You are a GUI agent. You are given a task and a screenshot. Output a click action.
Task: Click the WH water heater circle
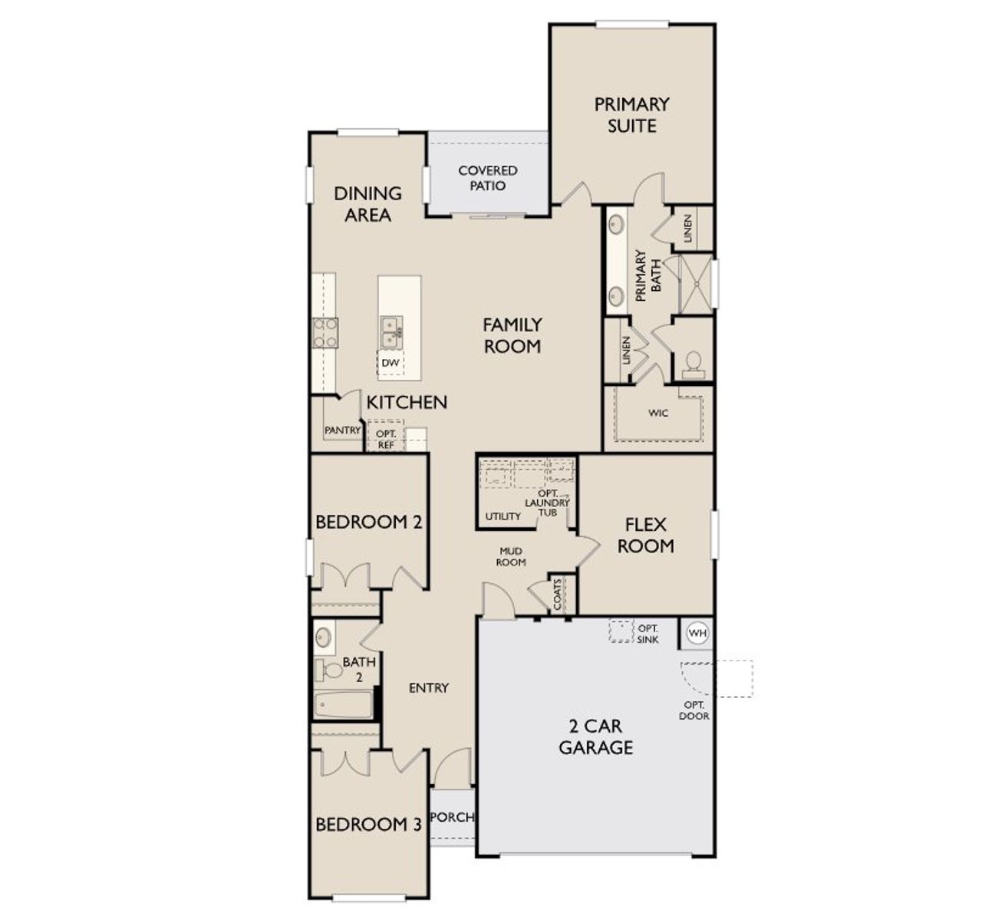coord(697,632)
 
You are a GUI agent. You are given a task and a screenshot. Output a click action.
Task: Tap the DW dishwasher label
coord(390,363)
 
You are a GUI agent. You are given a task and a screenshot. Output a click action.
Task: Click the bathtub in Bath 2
coord(344,705)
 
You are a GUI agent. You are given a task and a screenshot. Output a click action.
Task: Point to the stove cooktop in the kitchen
coord(325,333)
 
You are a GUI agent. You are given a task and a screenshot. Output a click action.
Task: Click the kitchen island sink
coord(391,332)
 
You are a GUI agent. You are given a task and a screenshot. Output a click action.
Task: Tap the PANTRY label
coord(343,430)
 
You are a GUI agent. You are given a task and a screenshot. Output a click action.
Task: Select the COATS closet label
coord(557,594)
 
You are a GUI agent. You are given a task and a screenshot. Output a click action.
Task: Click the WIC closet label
coord(658,413)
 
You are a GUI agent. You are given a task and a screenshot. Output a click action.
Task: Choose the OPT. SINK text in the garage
coord(648,634)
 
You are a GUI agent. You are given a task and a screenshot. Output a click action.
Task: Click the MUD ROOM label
coord(511,556)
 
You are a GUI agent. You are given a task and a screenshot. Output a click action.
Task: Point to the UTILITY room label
coord(503,516)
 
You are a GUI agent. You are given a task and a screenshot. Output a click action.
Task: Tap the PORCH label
coord(452,817)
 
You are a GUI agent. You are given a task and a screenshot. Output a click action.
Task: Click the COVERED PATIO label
coord(487,178)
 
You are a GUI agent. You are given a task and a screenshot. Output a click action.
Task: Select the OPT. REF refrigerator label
coord(386,439)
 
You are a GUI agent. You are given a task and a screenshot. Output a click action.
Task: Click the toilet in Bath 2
coord(328,671)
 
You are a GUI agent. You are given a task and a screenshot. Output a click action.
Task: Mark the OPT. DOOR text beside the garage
coord(694,710)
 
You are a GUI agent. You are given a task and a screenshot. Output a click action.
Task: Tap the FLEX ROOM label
coord(645,535)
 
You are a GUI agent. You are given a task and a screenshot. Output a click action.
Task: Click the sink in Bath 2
coord(324,638)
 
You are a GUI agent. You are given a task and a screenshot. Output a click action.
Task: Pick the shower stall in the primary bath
coord(696,284)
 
